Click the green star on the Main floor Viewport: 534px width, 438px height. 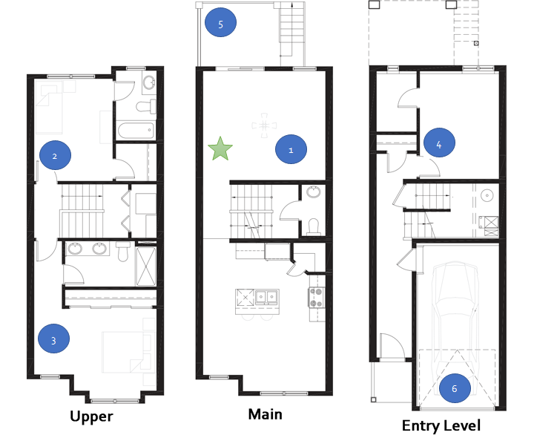pyautogui.click(x=220, y=148)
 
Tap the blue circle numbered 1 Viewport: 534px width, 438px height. pyautogui.click(x=291, y=149)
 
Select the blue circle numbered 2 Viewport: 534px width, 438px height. pyautogui.click(x=55, y=155)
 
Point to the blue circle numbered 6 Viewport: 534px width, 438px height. pyautogui.click(x=455, y=388)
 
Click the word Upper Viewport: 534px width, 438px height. pyautogui.click(x=91, y=416)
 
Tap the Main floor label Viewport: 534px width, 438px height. pyautogui.click(x=265, y=414)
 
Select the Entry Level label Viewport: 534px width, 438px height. pyautogui.click(x=441, y=425)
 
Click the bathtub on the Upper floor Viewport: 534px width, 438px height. pyautogui.click(x=136, y=130)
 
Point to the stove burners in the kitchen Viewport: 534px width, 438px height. pyautogui.click(x=316, y=298)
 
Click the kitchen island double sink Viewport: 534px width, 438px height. pyautogui.click(x=266, y=296)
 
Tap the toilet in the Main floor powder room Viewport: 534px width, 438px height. pyautogui.click(x=313, y=226)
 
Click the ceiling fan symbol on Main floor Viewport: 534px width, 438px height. pyautogui.click(x=264, y=125)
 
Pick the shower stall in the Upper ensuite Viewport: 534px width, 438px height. pyautogui.click(x=146, y=267)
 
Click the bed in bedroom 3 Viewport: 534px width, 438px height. pyautogui.click(x=126, y=352)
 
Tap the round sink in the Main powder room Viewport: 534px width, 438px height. pyautogui.click(x=313, y=192)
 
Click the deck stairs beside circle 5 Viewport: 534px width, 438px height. pyautogui.click(x=292, y=33)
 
